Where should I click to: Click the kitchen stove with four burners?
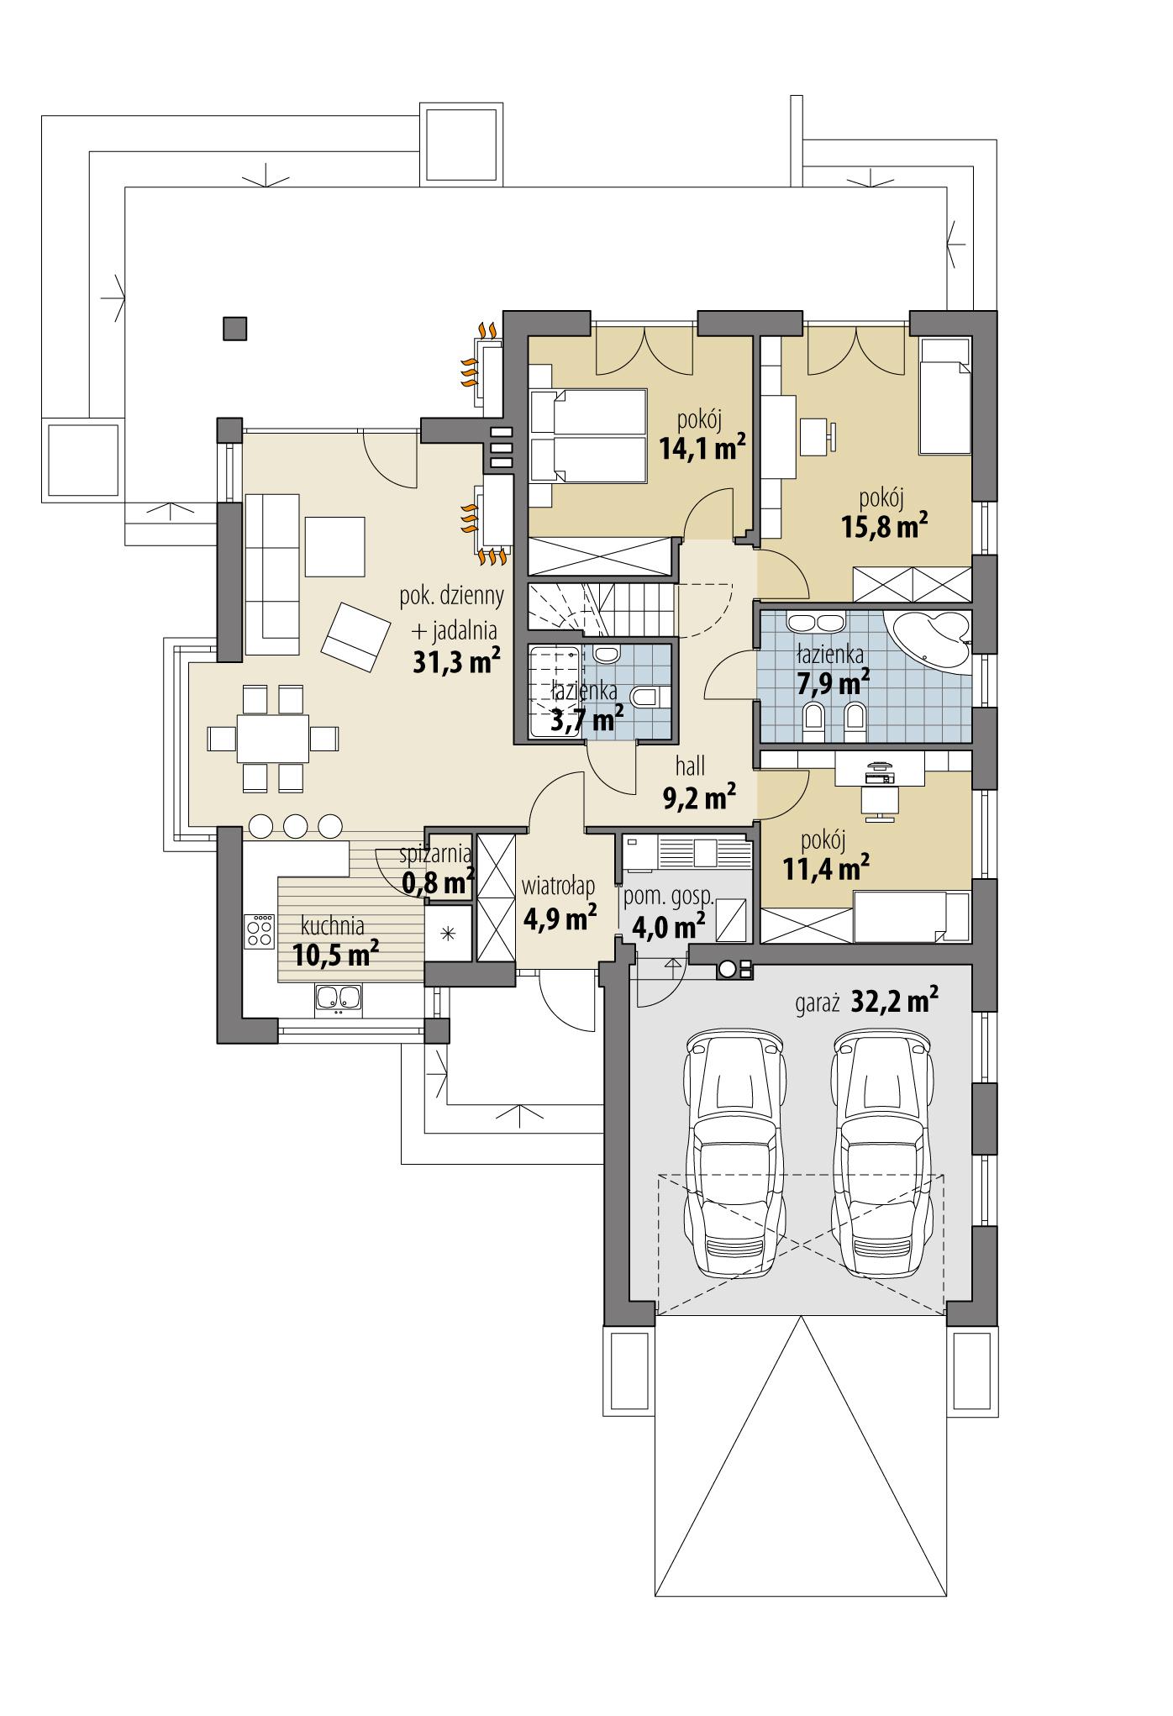coord(259,931)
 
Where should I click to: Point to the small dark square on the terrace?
coord(235,329)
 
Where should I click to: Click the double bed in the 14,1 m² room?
coord(589,435)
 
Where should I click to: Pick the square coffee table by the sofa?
coord(335,546)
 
